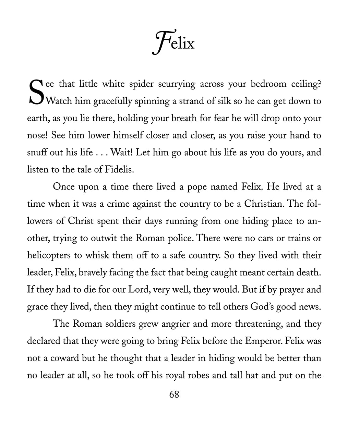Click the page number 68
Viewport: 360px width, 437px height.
174,394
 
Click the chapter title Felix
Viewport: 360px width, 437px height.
173,43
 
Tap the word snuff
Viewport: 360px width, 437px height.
36,152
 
